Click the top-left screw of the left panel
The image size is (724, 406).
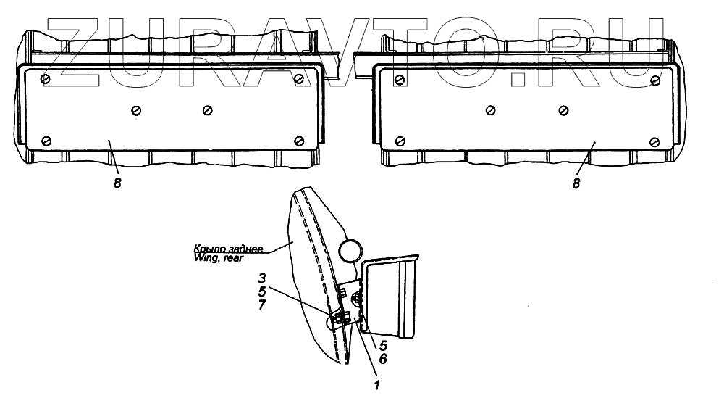(46, 79)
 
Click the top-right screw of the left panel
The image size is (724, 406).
(299, 78)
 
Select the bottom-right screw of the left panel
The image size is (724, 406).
(299, 140)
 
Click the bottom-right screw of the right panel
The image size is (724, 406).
(654, 141)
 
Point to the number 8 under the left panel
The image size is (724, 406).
(117, 184)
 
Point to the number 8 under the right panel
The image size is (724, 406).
(576, 184)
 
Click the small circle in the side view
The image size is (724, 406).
(350, 249)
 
